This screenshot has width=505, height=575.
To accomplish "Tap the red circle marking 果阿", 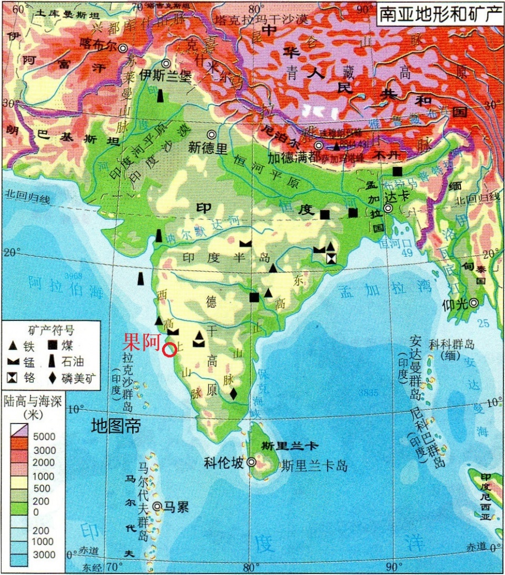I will pyautogui.click(x=169, y=350).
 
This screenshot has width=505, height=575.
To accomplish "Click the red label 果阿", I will pyautogui.click(x=141, y=343).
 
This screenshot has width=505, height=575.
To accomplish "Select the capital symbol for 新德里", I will pyautogui.click(x=211, y=135).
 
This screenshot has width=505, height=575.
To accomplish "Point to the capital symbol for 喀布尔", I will pyautogui.click(x=123, y=48).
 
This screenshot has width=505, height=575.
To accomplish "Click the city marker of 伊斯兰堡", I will pyautogui.click(x=166, y=63).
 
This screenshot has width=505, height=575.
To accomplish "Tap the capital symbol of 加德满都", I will pyautogui.click(x=318, y=145).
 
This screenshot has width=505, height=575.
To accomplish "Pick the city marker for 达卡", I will pyautogui.click(x=388, y=208).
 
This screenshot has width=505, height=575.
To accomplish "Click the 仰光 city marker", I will pyautogui.click(x=474, y=302).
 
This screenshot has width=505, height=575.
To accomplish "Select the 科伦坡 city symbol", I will pyautogui.click(x=251, y=462).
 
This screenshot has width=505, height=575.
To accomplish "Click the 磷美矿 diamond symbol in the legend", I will pyautogui.click(x=53, y=377).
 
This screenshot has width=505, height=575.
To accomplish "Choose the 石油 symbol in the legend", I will pyautogui.click(x=53, y=361).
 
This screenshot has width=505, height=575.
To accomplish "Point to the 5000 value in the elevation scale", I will pyautogui.click(x=45, y=437).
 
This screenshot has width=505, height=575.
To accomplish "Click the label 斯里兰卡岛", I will pyautogui.click(x=315, y=465).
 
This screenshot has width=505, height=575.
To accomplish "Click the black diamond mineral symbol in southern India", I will pyautogui.click(x=233, y=393).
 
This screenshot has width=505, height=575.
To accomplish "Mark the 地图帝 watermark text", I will pyautogui.click(x=116, y=425).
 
